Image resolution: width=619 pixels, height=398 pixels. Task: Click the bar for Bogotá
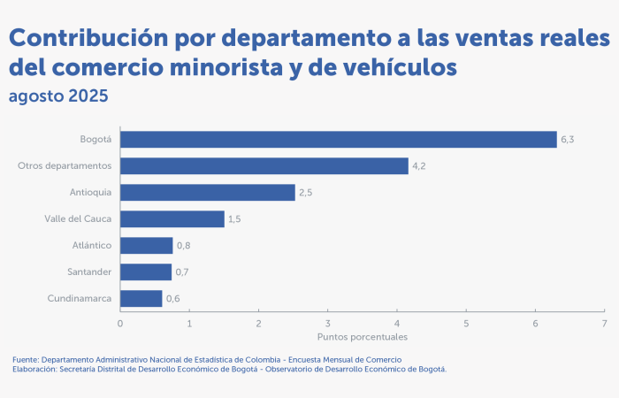point(339,139)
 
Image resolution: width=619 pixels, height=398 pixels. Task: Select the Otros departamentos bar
point(264,165)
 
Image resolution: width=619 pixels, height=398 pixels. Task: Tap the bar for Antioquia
point(208,192)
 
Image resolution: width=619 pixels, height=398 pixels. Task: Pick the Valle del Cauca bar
point(172,218)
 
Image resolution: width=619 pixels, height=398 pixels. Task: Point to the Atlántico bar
point(147,245)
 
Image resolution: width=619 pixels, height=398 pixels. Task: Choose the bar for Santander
point(146,272)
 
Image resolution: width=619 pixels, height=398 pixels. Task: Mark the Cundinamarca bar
point(141,298)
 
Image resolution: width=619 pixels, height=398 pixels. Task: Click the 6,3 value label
point(568,139)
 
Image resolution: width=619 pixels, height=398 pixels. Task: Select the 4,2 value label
point(419,165)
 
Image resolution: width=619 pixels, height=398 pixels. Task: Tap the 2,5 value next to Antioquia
point(306,192)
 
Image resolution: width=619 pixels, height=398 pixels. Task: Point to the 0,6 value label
point(173,298)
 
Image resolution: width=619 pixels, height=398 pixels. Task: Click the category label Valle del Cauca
point(78,218)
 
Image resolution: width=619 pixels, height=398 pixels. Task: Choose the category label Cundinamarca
point(80,298)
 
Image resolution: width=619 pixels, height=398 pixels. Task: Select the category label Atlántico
point(92,245)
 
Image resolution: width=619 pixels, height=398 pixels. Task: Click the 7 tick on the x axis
point(604,323)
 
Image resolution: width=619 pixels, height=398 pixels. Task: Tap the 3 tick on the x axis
point(327,323)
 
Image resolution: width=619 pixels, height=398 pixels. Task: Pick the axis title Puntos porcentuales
point(362,337)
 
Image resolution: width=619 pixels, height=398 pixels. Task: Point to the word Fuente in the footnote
point(26,360)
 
